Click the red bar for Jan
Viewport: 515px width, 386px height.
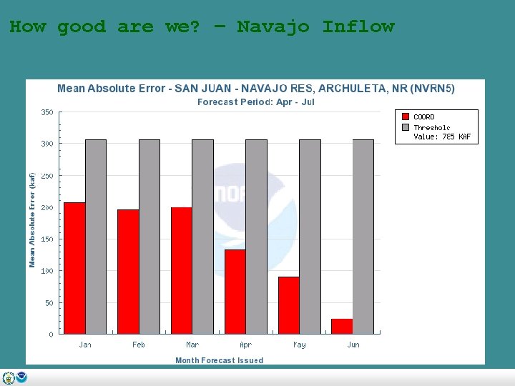(x=74, y=268)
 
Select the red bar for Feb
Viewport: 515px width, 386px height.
(x=128, y=272)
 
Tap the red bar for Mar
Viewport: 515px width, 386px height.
(x=182, y=270)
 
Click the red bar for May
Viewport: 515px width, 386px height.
(x=288, y=305)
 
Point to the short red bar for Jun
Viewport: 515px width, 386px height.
(x=342, y=326)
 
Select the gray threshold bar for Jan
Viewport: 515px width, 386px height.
(x=96, y=237)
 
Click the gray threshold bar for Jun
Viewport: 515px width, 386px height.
(x=363, y=237)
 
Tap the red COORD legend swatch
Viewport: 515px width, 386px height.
(x=406, y=117)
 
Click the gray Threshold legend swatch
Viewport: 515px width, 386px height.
(x=406, y=127)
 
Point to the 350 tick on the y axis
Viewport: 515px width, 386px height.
(x=46, y=112)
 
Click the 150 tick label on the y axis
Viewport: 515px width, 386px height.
(x=46, y=239)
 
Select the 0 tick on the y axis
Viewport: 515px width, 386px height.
(x=50, y=335)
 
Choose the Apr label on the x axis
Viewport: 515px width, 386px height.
(x=245, y=345)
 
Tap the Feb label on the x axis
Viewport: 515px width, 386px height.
(x=139, y=345)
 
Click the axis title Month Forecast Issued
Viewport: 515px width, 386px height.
(x=219, y=360)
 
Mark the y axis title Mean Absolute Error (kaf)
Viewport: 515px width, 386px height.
(x=32, y=219)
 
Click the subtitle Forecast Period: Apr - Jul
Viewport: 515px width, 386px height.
(x=255, y=102)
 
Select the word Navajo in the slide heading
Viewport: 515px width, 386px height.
(x=273, y=27)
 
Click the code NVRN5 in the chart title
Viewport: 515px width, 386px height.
(x=431, y=89)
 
